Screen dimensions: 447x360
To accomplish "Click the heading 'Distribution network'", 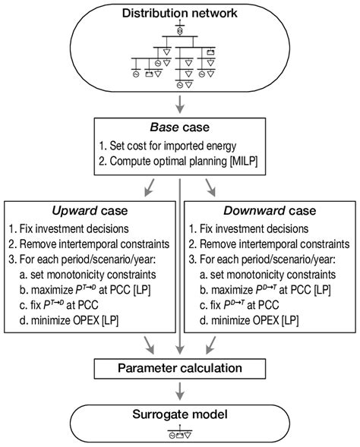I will tap(179, 13).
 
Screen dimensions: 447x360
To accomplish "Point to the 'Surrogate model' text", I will tap(179, 417).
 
